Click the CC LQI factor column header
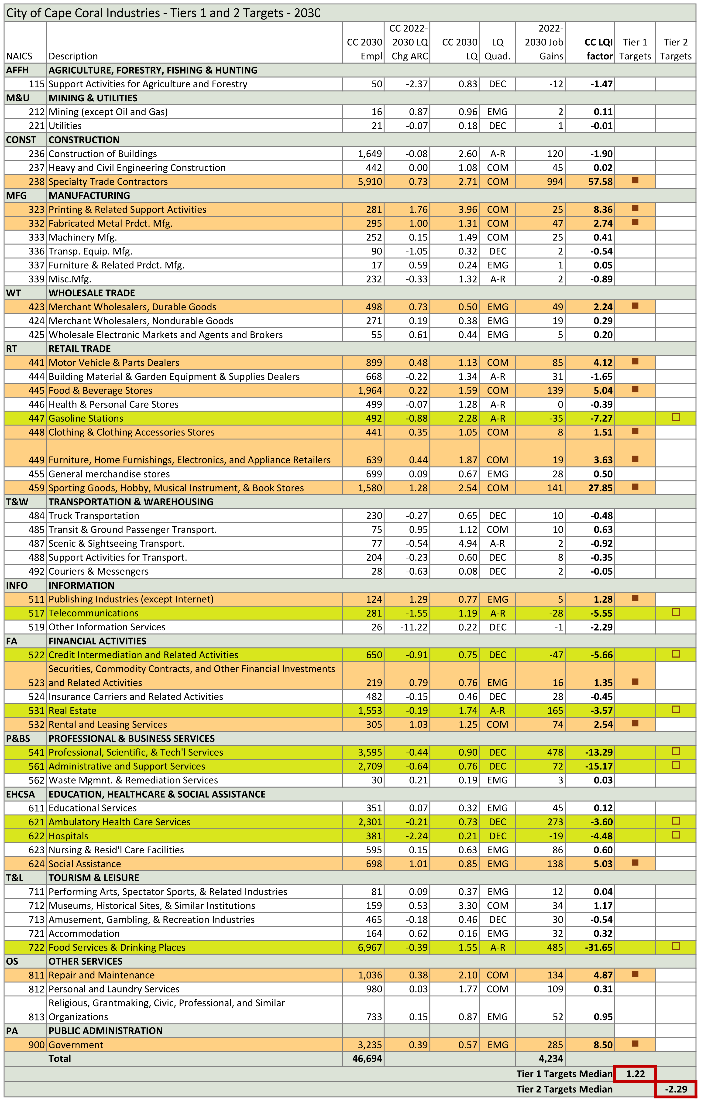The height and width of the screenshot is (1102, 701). pyautogui.click(x=598, y=49)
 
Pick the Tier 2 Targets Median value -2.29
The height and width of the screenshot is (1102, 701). pyautogui.click(x=676, y=1089)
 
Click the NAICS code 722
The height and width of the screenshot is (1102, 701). pyautogui.click(x=37, y=947)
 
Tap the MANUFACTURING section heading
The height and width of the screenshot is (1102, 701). pyautogui.click(x=89, y=196)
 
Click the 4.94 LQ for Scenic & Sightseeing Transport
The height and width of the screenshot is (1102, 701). pyautogui.click(x=468, y=544)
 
